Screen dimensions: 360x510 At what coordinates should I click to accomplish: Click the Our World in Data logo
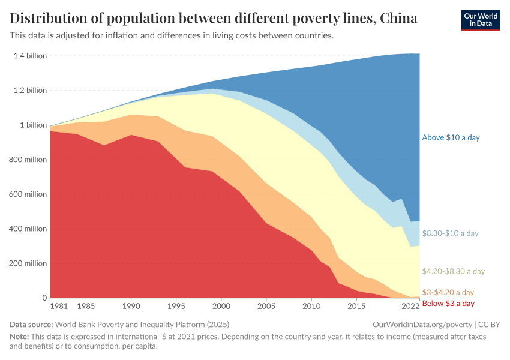coord(480,20)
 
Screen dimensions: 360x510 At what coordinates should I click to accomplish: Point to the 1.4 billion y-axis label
coord(29,56)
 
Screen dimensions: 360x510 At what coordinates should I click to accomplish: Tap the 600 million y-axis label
coord(28,194)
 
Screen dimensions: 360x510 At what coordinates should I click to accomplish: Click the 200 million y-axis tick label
coord(28,263)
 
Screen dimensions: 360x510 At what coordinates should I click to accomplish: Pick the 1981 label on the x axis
coord(59,306)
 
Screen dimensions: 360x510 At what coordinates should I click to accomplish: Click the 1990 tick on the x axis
coord(131,306)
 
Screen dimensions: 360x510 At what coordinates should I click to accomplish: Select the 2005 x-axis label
coord(266,306)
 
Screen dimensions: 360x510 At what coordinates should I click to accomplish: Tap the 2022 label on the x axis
coord(410,306)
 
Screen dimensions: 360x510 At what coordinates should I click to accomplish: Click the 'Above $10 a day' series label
coord(451,137)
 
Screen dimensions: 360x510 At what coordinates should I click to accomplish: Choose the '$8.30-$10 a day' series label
coord(450,233)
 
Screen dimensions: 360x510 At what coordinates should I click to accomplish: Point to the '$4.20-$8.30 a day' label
coord(453,272)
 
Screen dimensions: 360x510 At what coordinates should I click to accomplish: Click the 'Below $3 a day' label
coord(448,304)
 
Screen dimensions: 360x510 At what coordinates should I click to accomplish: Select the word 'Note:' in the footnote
coord(20,337)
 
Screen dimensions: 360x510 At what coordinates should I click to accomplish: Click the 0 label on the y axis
coord(44,298)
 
